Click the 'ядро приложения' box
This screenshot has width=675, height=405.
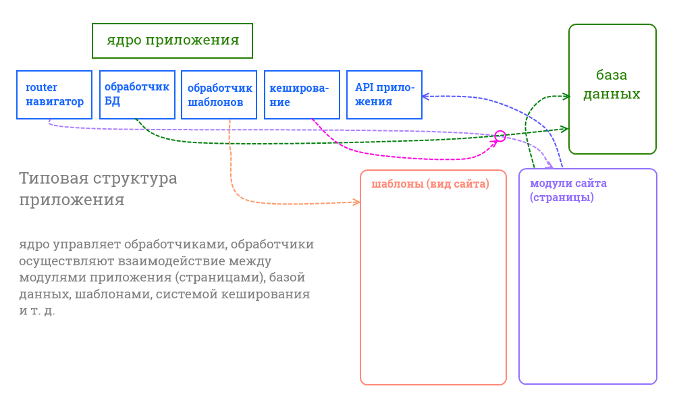pyautogui.click(x=172, y=40)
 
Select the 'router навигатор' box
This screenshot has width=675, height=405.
pyautogui.click(x=54, y=94)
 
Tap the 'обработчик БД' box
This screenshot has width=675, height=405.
pyautogui.click(x=137, y=94)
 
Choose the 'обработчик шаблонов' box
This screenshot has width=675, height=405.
pyautogui.click(x=219, y=94)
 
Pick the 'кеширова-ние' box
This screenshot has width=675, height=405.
pyautogui.click(x=302, y=94)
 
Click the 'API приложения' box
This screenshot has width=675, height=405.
pyautogui.click(x=384, y=94)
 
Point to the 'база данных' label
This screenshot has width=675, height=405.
pyautogui.click(x=612, y=84)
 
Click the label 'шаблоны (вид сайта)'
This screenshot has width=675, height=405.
pyautogui.click(x=430, y=184)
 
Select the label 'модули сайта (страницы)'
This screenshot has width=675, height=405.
pyautogui.click(x=568, y=190)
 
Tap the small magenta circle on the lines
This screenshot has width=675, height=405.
pyautogui.click(x=500, y=136)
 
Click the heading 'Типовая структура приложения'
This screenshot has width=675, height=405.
pyautogui.click(x=98, y=189)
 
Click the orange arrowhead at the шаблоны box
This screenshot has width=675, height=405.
pyautogui.click(x=357, y=202)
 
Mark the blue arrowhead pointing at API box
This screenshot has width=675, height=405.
pyautogui.click(x=426, y=97)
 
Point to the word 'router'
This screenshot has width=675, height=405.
pyautogui.click(x=41, y=87)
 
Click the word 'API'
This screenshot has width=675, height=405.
pyautogui.click(x=364, y=87)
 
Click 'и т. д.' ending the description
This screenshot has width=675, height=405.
pyautogui.click(x=37, y=311)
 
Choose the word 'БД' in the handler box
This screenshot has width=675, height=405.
pyautogui.click(x=112, y=102)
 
